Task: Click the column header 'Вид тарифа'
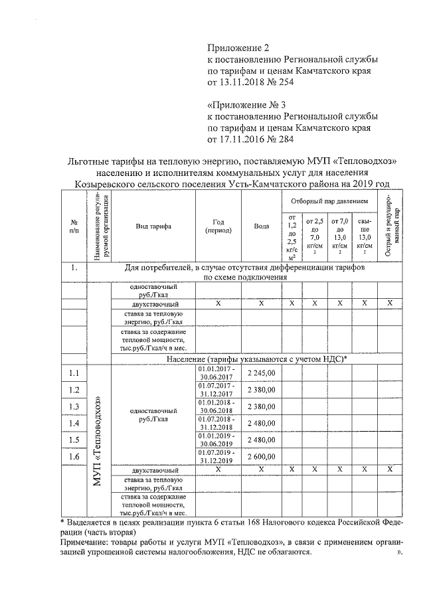pyautogui.click(x=153, y=226)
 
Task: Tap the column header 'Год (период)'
pyautogui.click(x=217, y=226)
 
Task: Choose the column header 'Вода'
pyautogui.click(x=261, y=226)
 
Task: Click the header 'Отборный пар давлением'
pyautogui.click(x=328, y=201)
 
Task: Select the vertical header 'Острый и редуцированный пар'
pyautogui.click(x=389, y=226)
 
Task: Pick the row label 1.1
pyautogui.click(x=74, y=373)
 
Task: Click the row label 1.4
pyautogui.click(x=74, y=424)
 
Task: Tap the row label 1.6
pyautogui.click(x=74, y=457)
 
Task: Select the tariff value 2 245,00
pyautogui.click(x=261, y=373)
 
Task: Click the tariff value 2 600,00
pyautogui.click(x=261, y=457)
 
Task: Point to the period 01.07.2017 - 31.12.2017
pyautogui.click(x=217, y=390)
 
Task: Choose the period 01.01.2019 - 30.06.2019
pyautogui.click(x=217, y=440)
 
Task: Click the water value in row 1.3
pyautogui.click(x=261, y=406)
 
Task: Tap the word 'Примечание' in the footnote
pyautogui.click(x=90, y=542)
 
